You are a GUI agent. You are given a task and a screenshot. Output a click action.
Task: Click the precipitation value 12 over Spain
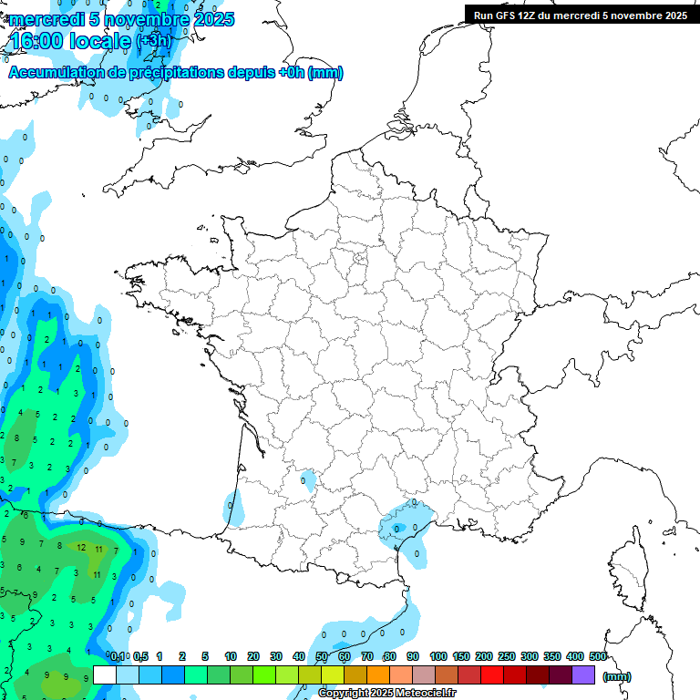[x=81, y=548]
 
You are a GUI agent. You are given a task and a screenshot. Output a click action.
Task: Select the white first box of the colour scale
[x=105, y=675]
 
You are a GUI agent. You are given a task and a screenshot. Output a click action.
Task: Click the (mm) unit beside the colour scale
[x=617, y=676]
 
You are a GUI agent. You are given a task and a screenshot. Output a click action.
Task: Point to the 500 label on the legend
[x=597, y=656]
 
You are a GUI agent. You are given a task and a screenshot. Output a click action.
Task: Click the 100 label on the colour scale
[x=437, y=656]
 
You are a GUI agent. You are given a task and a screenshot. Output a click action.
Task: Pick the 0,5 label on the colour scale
[x=141, y=656]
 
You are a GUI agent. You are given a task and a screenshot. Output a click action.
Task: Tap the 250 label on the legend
[x=506, y=656]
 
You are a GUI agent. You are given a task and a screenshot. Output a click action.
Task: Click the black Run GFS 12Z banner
[x=581, y=15]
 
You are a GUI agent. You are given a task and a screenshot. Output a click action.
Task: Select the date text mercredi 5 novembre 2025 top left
[x=121, y=19]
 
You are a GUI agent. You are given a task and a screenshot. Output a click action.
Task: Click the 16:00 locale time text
[x=71, y=41]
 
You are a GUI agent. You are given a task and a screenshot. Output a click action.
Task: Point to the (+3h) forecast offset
[x=153, y=42]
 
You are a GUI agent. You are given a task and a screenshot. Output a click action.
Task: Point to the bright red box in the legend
[x=492, y=675]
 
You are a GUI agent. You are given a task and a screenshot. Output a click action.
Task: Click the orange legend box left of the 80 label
[x=378, y=675]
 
